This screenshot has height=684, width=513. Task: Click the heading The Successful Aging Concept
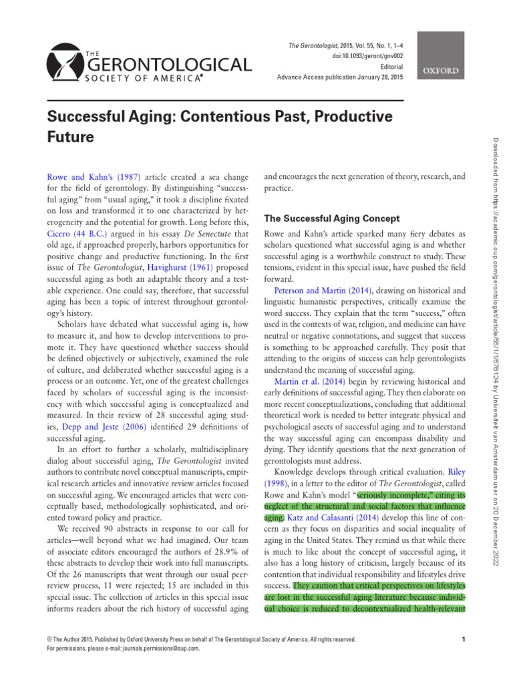click(332, 218)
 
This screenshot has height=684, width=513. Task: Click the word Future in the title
click(70, 138)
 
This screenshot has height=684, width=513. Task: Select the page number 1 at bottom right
click(463, 640)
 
